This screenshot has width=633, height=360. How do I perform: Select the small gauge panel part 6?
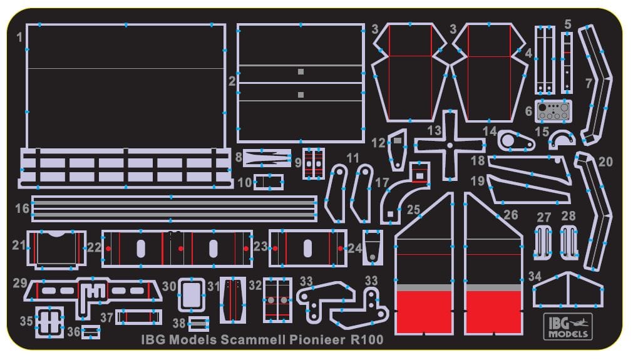pos(553,111)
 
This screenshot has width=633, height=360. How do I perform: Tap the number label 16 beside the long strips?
pos(23,208)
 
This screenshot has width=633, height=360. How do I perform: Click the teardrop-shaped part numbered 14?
pos(515,140)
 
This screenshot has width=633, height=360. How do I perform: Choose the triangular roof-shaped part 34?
pos(567,291)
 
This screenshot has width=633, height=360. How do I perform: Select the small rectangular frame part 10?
pos(269,182)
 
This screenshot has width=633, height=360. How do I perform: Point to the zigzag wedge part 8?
pos(265,157)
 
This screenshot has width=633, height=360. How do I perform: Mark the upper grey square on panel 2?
pos(301,72)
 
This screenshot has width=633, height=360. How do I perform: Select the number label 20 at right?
pos(605,162)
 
